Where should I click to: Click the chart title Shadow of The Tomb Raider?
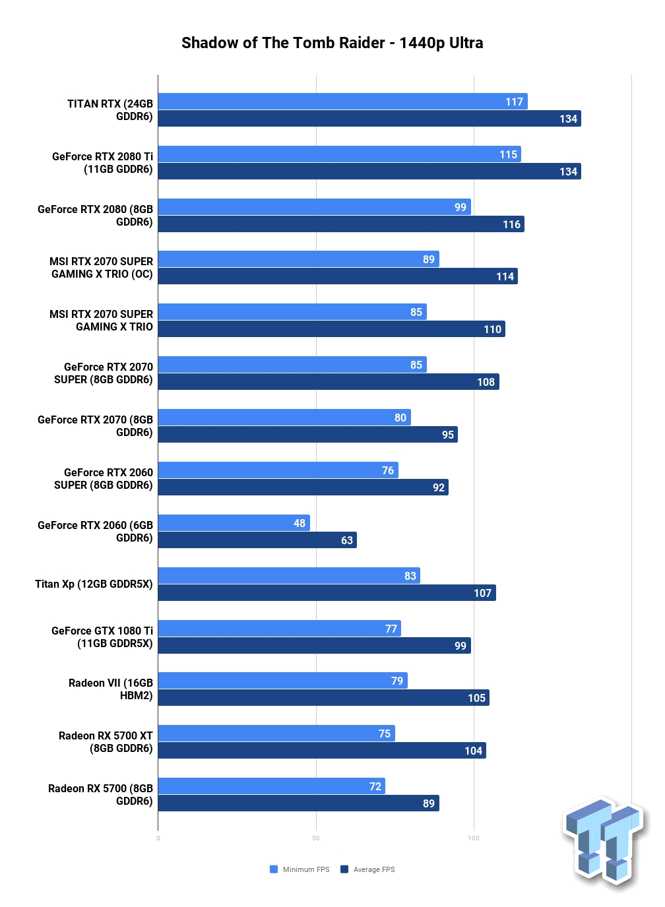click(x=282, y=43)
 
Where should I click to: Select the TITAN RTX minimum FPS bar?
click(x=342, y=101)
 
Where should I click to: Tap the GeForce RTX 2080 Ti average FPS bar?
click(x=369, y=172)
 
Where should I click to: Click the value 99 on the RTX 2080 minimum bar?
click(x=460, y=207)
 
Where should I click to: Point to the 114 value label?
click(x=505, y=276)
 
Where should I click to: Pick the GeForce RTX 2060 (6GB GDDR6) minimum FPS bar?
click(x=234, y=522)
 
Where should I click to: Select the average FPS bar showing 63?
click(x=257, y=540)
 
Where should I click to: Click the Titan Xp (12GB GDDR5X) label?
click(x=94, y=584)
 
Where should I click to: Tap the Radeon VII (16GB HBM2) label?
click(x=111, y=689)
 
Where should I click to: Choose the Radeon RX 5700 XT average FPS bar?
click(x=322, y=750)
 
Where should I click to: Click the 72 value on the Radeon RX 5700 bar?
click(x=375, y=786)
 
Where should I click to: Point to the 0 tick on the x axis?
click(x=158, y=838)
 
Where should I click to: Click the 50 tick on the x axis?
click(x=316, y=838)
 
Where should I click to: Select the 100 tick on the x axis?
click(x=474, y=838)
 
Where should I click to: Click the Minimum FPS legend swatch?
click(x=274, y=869)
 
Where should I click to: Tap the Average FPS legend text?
click(x=374, y=869)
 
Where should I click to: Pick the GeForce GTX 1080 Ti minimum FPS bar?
click(x=280, y=628)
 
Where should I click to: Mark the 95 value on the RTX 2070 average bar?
click(x=447, y=435)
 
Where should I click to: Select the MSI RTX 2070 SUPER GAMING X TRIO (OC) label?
click(x=101, y=268)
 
